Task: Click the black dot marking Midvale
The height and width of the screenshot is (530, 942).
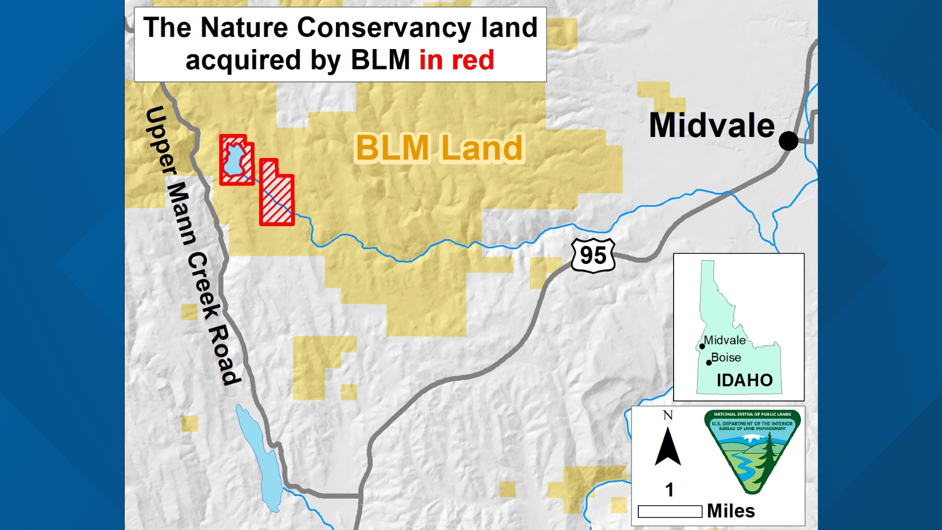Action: [788, 141]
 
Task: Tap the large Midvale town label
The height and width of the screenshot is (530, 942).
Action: [711, 126]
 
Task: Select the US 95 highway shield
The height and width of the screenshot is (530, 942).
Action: [593, 255]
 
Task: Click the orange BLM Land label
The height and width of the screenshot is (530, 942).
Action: [439, 148]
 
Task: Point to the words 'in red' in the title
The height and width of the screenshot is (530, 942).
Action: [456, 60]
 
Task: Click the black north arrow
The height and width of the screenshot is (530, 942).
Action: [668, 447]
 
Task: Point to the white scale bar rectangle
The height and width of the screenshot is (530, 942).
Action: [670, 511]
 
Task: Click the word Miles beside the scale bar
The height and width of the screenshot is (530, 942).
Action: [731, 511]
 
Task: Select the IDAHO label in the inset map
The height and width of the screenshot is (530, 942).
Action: [744, 380]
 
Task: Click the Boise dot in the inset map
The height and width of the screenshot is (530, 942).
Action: [709, 363]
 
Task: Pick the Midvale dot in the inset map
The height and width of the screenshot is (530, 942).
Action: [702, 346]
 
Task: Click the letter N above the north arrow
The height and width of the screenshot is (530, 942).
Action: [668, 416]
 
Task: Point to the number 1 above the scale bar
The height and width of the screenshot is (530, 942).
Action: [669, 490]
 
